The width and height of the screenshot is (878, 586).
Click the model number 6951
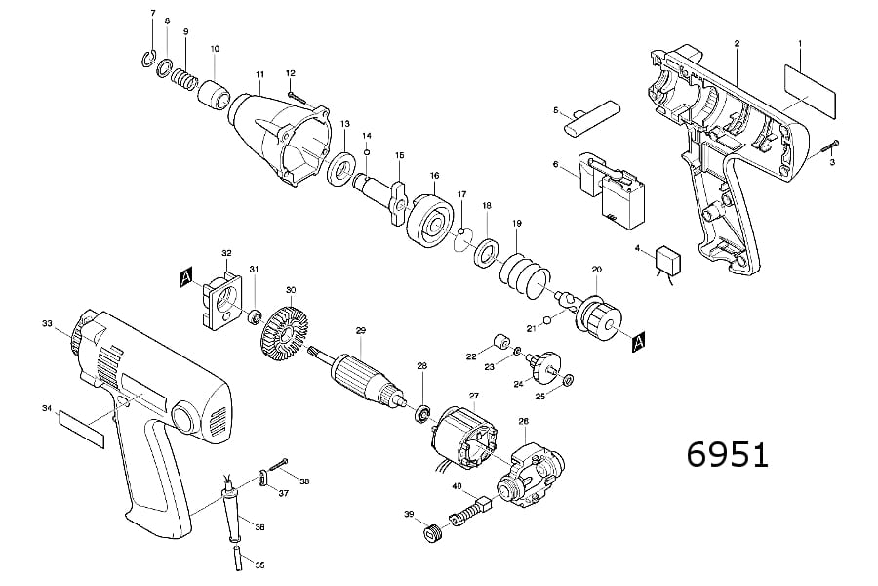(x=728, y=455)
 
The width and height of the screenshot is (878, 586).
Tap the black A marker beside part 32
(x=185, y=279)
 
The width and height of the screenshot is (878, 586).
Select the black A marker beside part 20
(x=639, y=342)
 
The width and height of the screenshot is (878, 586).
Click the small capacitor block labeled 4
(x=667, y=259)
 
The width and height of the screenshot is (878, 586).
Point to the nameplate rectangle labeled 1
(x=810, y=85)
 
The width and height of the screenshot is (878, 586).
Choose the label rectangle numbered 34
(x=82, y=428)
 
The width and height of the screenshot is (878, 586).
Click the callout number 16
(x=434, y=176)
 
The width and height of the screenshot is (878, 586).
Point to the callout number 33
(x=46, y=323)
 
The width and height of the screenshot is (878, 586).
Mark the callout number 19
(x=517, y=224)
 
